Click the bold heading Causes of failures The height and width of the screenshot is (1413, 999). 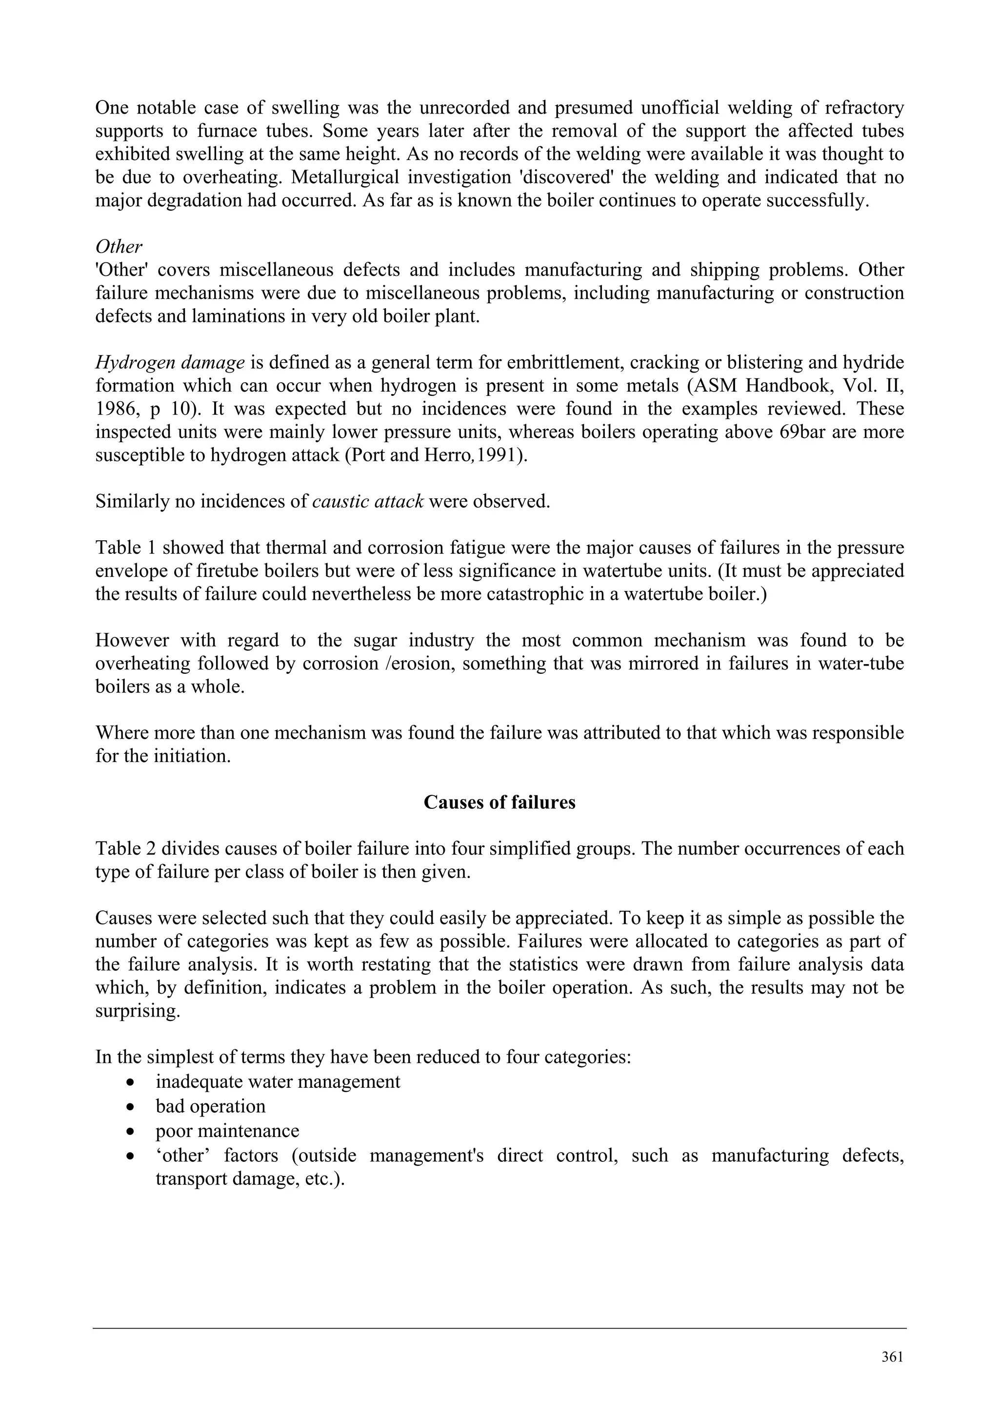pyautogui.click(x=499, y=803)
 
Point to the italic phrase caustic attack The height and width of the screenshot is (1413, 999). pyautogui.click(x=367, y=502)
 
